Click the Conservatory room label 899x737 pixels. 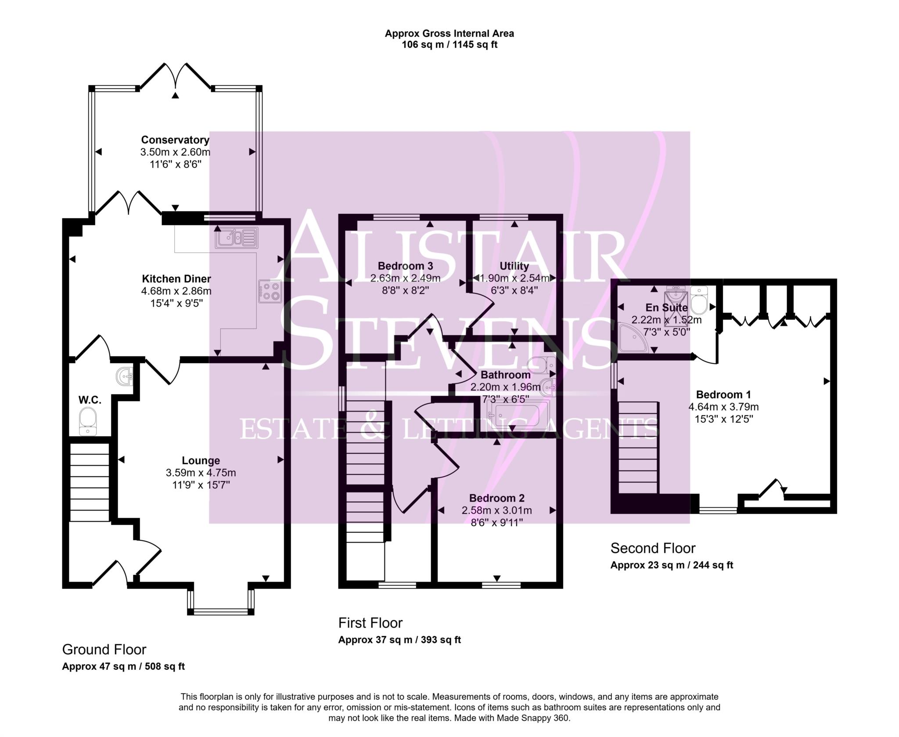[x=175, y=140]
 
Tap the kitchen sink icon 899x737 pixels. [x=236, y=238]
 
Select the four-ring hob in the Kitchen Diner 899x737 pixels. [x=270, y=291]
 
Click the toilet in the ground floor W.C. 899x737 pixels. [x=88, y=421]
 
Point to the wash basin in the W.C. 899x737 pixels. [x=125, y=376]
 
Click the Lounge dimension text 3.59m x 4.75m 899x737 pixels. [x=201, y=473]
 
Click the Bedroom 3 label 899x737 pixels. [x=405, y=266]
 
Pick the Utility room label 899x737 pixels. [x=514, y=266]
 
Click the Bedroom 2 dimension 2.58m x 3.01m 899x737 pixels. [x=496, y=510]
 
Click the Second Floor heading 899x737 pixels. [x=653, y=548]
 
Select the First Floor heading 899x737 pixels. [x=370, y=623]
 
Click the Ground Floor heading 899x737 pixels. [x=104, y=649]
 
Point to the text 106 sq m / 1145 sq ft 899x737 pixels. [x=449, y=45]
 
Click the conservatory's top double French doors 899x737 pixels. [x=176, y=76]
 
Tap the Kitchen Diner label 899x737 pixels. [x=176, y=278]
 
